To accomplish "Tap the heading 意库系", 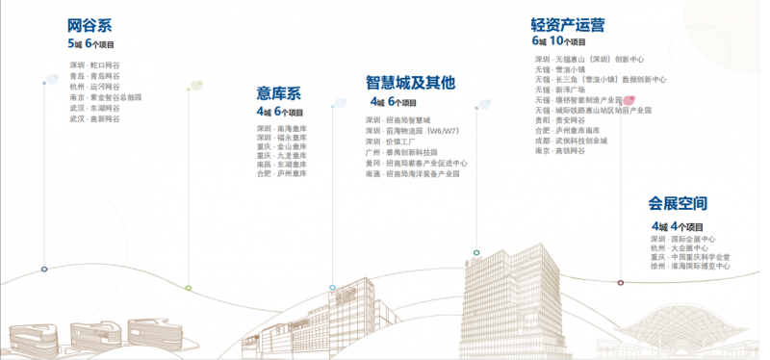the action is coord(279,93).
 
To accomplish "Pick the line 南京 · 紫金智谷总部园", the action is coord(106,97).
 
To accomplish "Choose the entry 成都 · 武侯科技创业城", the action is coord(572,141).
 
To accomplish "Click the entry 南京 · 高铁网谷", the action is coord(560,151).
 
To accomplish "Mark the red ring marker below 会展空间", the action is coord(620,282).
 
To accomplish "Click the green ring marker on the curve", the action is coord(189,287).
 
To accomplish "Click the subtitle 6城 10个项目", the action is coord(558,42).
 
